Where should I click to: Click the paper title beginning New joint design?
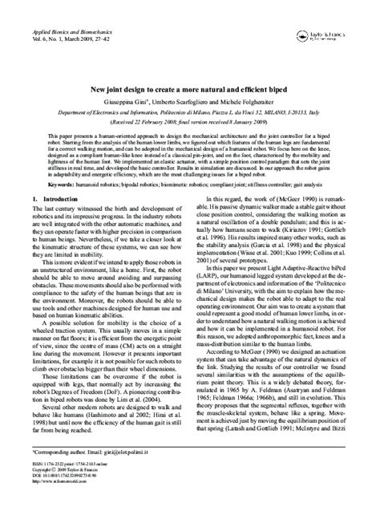pos(189,91)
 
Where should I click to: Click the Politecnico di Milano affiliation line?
pos(190,114)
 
